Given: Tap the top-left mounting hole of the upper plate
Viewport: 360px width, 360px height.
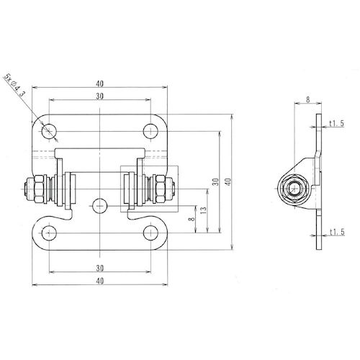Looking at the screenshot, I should tap(49, 131).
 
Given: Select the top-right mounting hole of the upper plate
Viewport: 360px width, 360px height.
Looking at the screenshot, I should tap(150, 131).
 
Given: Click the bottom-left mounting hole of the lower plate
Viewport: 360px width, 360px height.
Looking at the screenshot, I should tap(49, 233).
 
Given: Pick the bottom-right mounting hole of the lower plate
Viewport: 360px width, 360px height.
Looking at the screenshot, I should tap(150, 233).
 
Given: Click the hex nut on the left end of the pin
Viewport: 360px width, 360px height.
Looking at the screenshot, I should tap(31, 189).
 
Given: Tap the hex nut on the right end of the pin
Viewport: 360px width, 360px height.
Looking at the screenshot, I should tap(168, 189).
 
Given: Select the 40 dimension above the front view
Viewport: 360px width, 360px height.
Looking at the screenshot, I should tap(99, 84).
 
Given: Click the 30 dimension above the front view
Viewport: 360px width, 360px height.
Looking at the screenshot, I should tap(99, 97).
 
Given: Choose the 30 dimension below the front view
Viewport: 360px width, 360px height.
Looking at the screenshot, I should tap(99, 267).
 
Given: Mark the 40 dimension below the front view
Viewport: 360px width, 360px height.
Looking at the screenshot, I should tap(99, 280).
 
